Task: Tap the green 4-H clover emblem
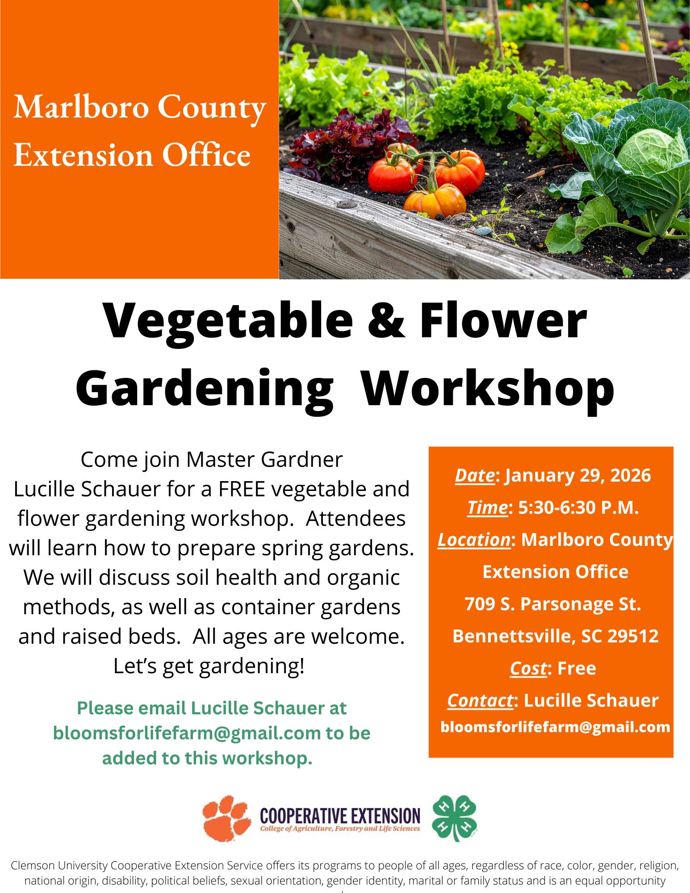point(454,818)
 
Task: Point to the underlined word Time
point(487,507)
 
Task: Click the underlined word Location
point(474,540)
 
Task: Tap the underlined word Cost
point(528,668)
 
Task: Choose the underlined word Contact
point(481,700)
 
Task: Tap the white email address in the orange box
point(556,727)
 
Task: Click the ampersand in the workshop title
point(387,320)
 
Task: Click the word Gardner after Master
point(302,459)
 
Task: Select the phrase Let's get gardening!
point(209,666)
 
